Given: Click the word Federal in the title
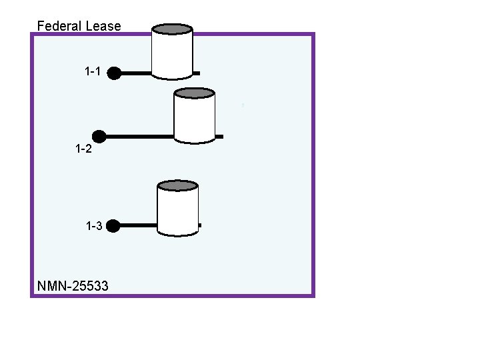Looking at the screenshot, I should [59, 26].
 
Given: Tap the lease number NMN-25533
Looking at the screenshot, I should [73, 286].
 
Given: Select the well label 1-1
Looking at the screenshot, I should [93, 71].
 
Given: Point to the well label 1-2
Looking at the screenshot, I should [83, 149].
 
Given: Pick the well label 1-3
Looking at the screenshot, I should [94, 226].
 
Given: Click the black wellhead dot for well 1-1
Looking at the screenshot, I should [114, 73].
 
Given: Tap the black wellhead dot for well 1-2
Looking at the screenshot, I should [99, 137].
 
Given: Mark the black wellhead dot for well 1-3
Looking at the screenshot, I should [113, 226].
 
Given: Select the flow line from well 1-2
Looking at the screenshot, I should [140, 137].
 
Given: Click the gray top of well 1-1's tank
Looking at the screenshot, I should [173, 29].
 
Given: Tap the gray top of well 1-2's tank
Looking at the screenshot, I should [194, 93].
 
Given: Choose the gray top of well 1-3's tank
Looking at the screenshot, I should [177, 185].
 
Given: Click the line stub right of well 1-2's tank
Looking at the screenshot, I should [219, 137].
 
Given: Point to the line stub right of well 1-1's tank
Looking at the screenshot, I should [196, 73].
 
